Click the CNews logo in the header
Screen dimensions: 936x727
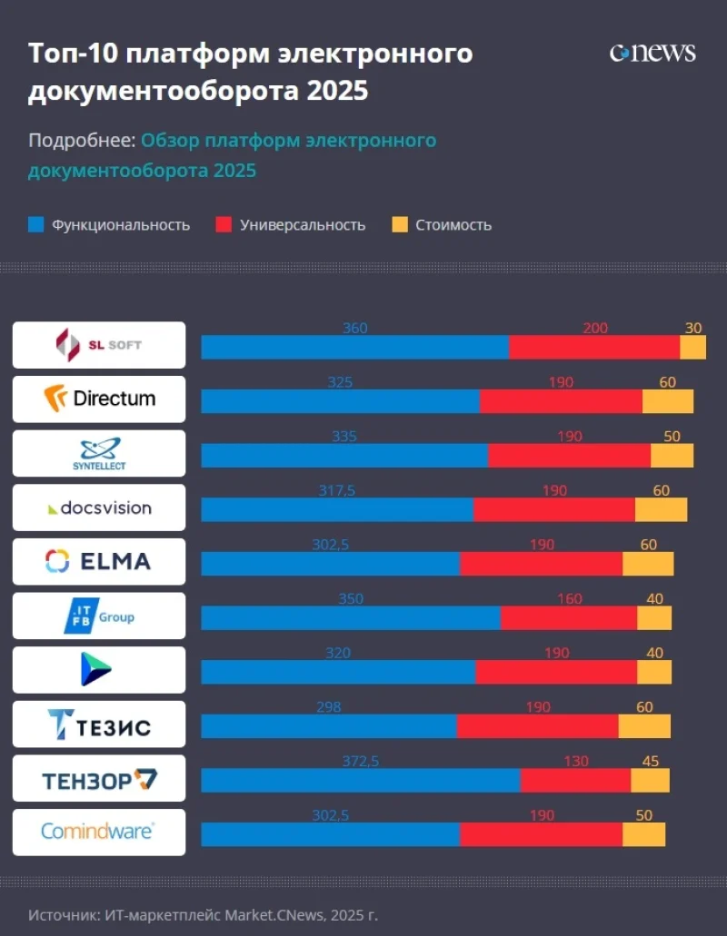652,53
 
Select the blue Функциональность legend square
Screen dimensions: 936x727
36,224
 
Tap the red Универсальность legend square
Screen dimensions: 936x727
224,224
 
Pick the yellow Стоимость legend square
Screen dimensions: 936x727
399,224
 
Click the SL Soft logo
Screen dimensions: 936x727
99,345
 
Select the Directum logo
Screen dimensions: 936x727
99,399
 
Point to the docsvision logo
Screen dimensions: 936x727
99,507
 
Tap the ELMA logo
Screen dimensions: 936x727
99,561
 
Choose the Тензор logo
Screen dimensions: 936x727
99,778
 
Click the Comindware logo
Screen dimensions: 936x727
99,832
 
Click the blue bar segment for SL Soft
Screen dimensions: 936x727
354,347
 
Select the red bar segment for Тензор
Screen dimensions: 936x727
575,781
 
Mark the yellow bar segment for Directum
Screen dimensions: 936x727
667,401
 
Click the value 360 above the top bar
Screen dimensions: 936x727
354,328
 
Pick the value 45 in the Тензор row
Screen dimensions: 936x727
650,762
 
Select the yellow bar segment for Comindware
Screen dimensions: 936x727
643,834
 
